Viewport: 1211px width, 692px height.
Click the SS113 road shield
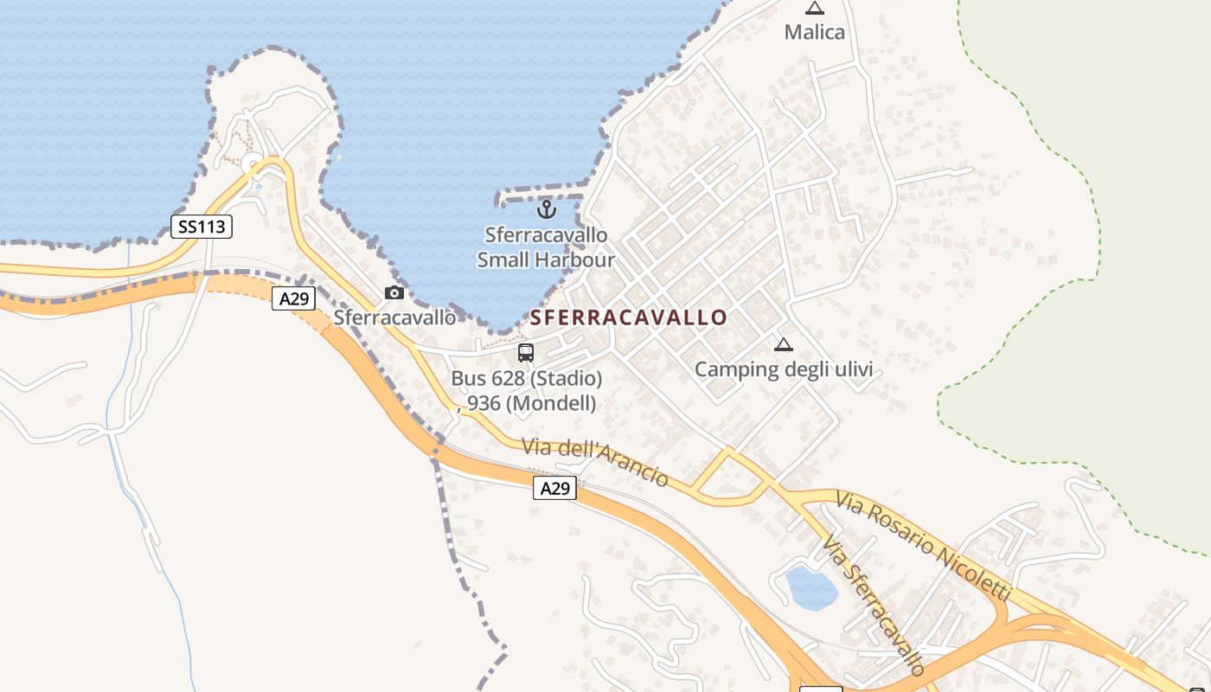(x=202, y=227)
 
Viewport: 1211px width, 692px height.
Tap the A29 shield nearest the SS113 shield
(x=293, y=299)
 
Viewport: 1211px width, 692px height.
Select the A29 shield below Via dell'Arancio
(x=554, y=488)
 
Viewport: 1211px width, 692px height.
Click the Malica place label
(x=814, y=33)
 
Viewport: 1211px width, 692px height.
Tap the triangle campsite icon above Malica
(x=814, y=9)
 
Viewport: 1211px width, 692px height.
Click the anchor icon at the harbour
(x=546, y=208)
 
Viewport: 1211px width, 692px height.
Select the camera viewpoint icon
(x=394, y=292)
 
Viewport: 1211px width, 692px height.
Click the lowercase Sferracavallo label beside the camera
(x=394, y=317)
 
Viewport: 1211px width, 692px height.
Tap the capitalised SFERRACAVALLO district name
(x=629, y=317)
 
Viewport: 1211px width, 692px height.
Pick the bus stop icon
(x=525, y=352)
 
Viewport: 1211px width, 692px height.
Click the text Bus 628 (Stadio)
(x=526, y=378)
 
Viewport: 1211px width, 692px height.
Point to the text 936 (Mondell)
(x=531, y=402)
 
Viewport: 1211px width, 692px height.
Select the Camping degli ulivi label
(x=783, y=370)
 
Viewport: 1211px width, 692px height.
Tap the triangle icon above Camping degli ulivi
(x=783, y=344)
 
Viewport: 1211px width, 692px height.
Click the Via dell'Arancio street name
(x=595, y=462)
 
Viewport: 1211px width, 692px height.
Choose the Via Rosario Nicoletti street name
(x=923, y=545)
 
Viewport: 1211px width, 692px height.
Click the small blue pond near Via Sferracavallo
(x=811, y=588)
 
